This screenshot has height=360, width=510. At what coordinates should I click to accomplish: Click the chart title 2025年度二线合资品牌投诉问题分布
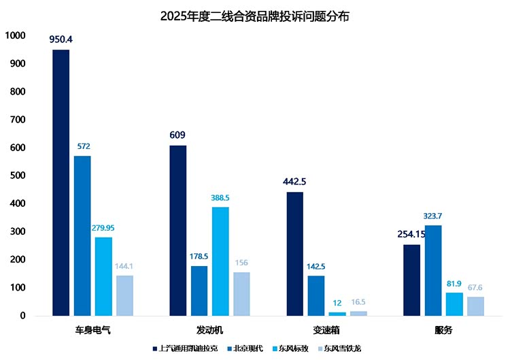255,16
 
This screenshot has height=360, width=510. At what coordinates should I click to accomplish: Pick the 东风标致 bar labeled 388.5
220,261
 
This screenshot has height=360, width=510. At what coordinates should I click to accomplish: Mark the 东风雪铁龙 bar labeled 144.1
124,295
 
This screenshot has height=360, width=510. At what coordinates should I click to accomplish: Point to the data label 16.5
358,301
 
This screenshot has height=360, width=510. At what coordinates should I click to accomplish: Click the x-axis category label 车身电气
93,331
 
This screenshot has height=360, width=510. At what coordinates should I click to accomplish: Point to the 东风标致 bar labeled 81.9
454,304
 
